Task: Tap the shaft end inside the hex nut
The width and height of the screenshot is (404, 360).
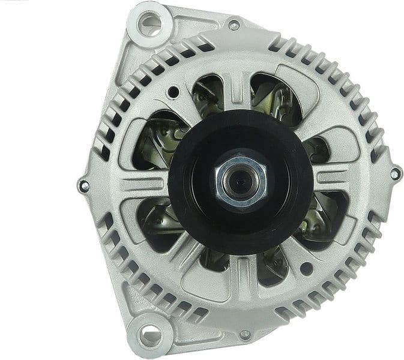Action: (240, 181)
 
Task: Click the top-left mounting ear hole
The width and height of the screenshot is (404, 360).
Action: (150, 25)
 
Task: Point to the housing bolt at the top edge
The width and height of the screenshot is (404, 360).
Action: (234, 25)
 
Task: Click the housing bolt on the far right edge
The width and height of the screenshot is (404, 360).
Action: (395, 174)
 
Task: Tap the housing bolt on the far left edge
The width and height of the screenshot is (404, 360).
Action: (84, 185)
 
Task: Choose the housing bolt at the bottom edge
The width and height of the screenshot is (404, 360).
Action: (244, 334)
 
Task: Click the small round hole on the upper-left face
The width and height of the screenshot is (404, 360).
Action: (173, 92)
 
